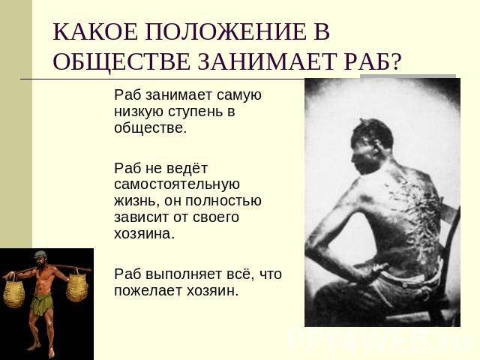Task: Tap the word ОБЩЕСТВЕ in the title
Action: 121,61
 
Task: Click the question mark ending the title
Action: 395,61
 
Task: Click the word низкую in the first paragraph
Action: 139,112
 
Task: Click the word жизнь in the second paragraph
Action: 136,201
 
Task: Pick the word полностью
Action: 223,201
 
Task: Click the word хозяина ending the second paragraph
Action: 144,234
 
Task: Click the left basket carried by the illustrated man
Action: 13,290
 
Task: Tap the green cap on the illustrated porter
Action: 40,255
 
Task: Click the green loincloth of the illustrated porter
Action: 42,304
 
